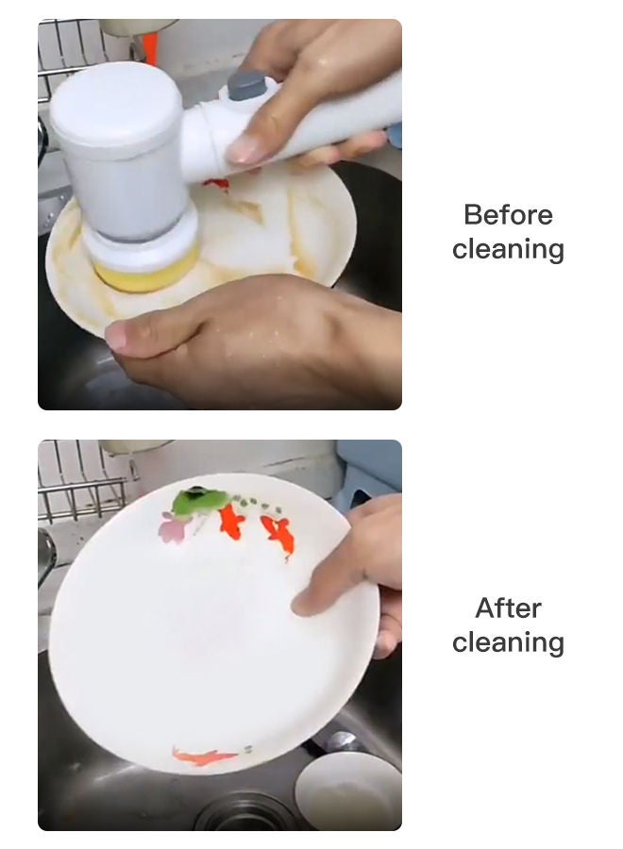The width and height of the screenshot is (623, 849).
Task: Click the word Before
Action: click(x=508, y=214)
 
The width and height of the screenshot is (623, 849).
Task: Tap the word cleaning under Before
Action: click(x=508, y=250)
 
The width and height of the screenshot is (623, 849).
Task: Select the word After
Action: click(x=508, y=608)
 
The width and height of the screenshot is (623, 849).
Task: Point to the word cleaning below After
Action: click(x=508, y=643)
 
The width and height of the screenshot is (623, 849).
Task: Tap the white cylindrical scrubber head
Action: click(x=123, y=151)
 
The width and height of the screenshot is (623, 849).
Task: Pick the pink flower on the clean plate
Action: click(x=173, y=528)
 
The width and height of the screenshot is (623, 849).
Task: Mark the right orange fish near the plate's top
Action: click(x=278, y=534)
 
